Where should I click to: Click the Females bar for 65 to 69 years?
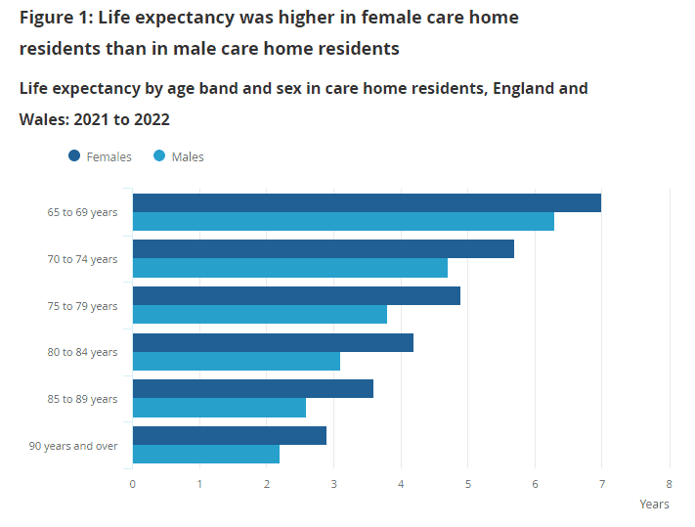click(x=367, y=203)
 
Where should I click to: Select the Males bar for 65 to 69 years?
click(x=343, y=222)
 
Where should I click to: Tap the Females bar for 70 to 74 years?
click(x=323, y=249)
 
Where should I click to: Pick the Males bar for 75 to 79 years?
click(x=259, y=315)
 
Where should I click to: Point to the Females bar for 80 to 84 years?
click(x=273, y=342)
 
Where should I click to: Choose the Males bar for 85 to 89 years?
click(x=219, y=408)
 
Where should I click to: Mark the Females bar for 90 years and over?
click(x=229, y=435)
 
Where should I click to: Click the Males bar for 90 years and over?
click(x=205, y=455)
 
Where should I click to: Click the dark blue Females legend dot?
click(x=74, y=156)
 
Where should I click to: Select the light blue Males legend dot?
click(x=159, y=156)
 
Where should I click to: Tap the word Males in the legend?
click(x=188, y=157)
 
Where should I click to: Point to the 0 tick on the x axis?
click(x=133, y=483)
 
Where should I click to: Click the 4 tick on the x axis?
click(x=401, y=483)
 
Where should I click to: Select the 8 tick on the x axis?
click(x=670, y=483)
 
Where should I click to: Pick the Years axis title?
click(x=654, y=505)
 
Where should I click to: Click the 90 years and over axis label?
click(x=73, y=446)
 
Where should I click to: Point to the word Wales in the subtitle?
click(x=43, y=119)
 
